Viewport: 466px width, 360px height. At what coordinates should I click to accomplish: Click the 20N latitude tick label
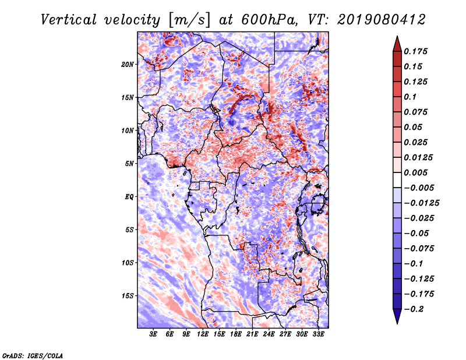coord(128,64)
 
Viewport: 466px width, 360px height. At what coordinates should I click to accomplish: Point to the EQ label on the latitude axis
coord(129,196)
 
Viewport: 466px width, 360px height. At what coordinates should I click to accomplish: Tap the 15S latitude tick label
coord(128,296)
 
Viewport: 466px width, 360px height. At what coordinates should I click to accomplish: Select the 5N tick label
coord(129,164)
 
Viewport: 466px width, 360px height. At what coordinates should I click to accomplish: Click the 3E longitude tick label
coord(153,334)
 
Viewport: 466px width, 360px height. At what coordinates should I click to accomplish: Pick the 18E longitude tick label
coord(236,334)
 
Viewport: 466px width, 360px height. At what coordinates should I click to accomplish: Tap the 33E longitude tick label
coord(318,334)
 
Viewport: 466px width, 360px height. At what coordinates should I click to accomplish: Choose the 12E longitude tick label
coord(203,334)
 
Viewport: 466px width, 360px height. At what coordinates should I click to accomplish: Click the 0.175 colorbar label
coord(416,51)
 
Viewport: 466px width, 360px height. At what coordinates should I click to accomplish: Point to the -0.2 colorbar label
coord(414,309)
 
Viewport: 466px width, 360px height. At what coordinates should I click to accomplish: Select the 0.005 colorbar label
coord(416,172)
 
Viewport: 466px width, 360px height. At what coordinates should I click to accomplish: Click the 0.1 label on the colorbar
coord(411,97)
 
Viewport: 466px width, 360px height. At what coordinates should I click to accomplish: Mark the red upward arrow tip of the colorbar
coord(397,37)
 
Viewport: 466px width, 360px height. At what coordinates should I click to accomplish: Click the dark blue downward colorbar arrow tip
coord(397,323)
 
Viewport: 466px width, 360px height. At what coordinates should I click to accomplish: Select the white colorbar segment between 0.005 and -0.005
coord(397,180)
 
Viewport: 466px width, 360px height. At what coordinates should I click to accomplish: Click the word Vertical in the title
coord(69,20)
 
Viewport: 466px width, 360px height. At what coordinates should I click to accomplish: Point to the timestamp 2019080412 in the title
coord(381,20)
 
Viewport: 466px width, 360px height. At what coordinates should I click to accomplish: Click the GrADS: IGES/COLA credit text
coord(33,355)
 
